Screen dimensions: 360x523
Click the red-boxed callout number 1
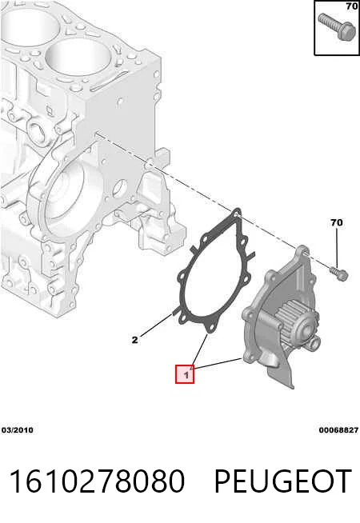tap(185, 374)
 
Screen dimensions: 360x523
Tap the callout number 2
tap(134, 340)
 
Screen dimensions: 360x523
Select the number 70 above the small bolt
tap(336, 222)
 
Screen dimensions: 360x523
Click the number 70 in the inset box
tap(352, 6)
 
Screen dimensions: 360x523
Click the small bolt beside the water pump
tap(339, 273)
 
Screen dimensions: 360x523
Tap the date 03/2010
tap(18, 430)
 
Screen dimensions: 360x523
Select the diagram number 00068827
tap(338, 430)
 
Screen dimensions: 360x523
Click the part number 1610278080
tap(97, 481)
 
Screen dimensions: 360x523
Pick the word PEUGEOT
tap(282, 481)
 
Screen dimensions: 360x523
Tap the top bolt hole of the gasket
tap(237, 213)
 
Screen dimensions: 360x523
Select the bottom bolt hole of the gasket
tap(210, 328)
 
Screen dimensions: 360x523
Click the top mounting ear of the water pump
tap(302, 251)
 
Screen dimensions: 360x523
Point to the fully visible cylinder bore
tap(78, 56)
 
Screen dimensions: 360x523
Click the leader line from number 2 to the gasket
tap(156, 325)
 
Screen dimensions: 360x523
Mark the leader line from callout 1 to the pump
tap(218, 364)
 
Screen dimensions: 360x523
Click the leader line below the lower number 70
tap(337, 249)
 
